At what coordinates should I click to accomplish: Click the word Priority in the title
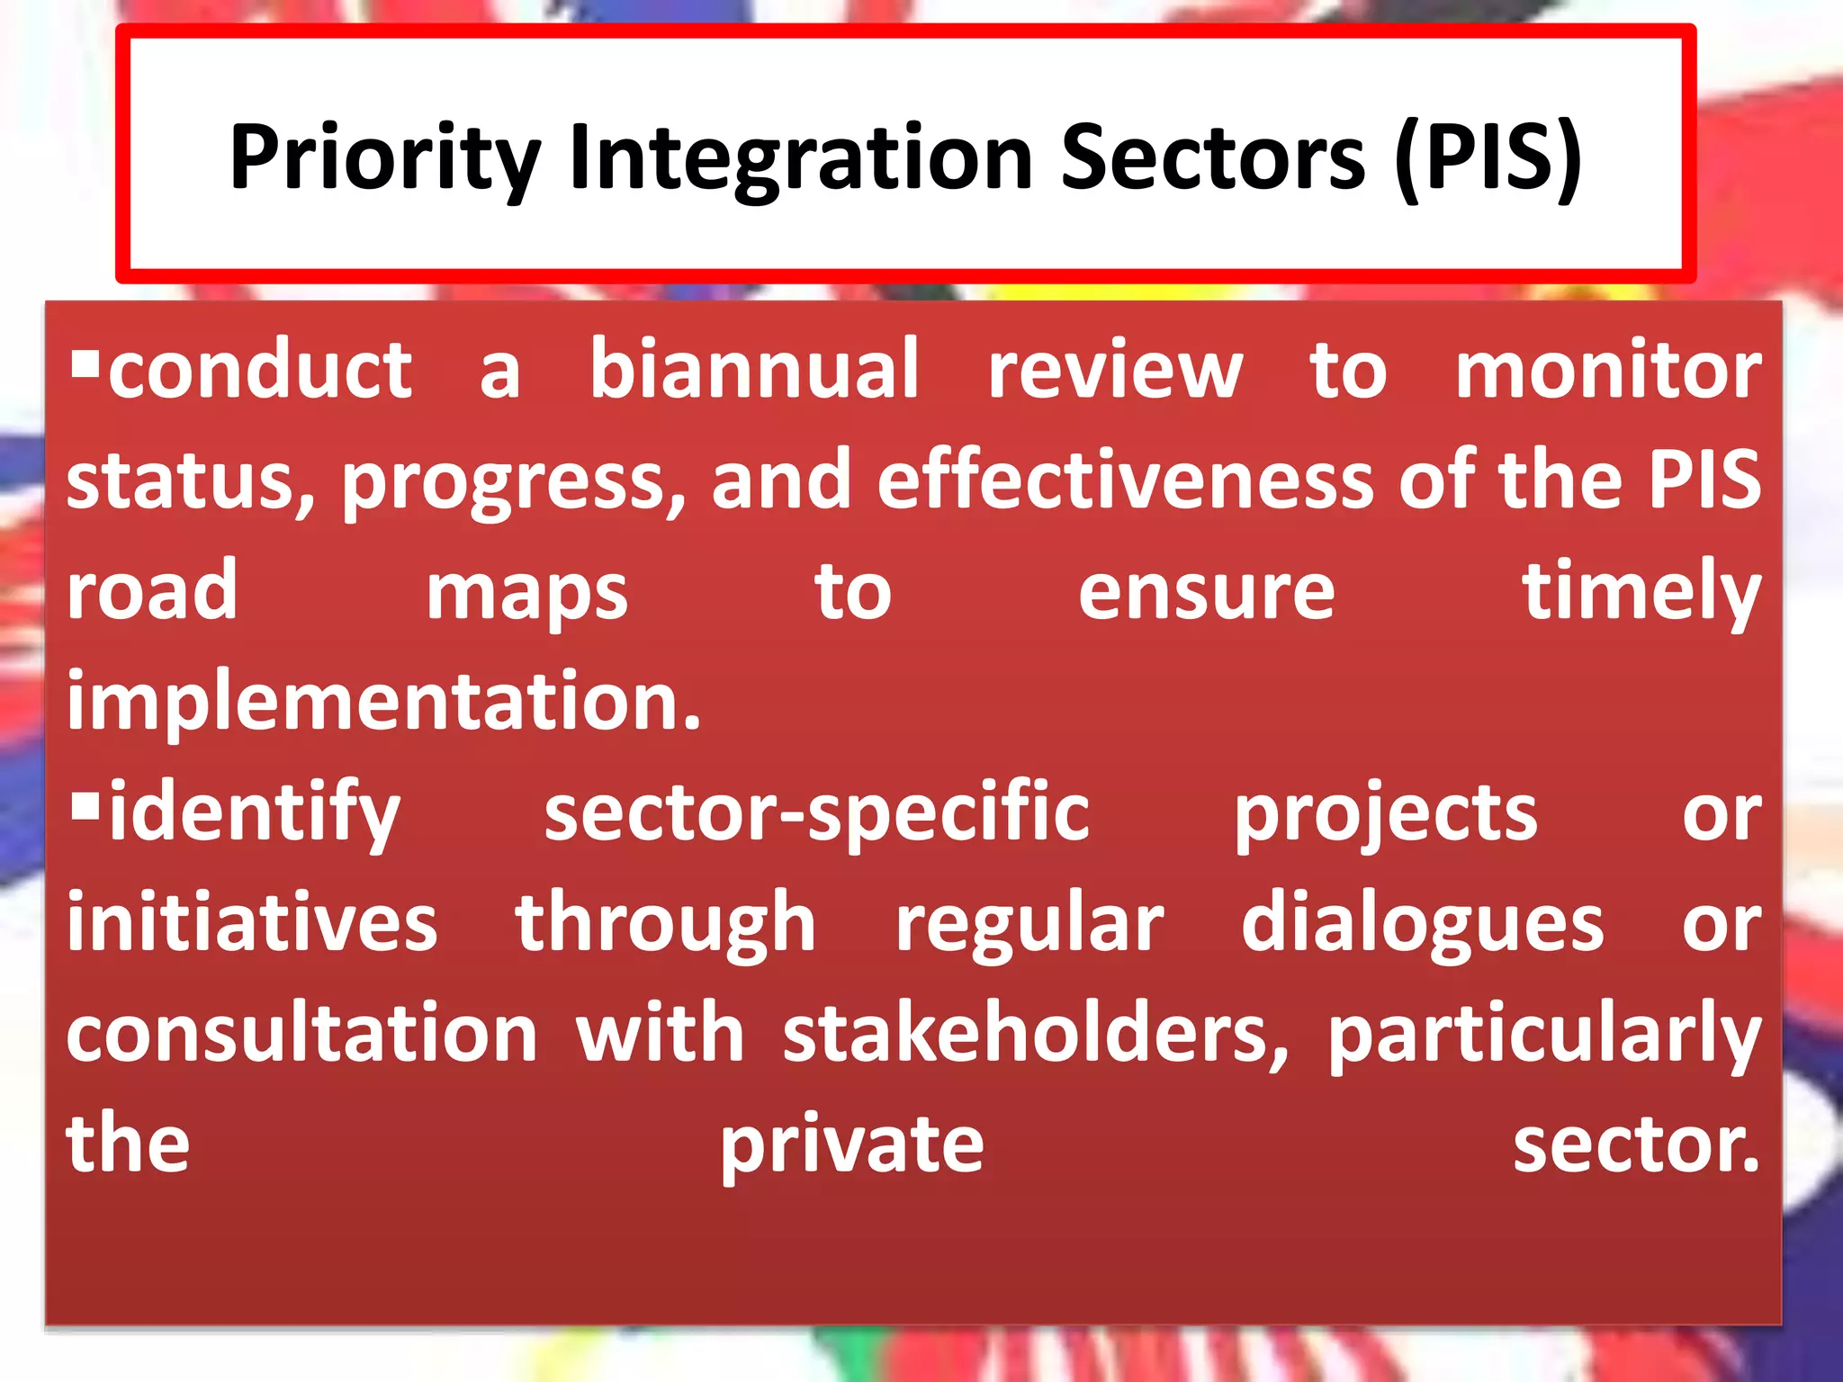pyautogui.click(x=384, y=158)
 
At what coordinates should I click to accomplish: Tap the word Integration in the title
pyautogui.click(x=801, y=158)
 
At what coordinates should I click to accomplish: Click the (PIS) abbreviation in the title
pyautogui.click(x=1488, y=158)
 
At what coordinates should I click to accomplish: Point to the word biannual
pyautogui.click(x=754, y=370)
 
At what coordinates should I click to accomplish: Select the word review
pyautogui.click(x=1115, y=370)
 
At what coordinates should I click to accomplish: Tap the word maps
pyautogui.click(x=526, y=594)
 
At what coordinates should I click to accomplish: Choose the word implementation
pyautogui.click(x=382, y=703)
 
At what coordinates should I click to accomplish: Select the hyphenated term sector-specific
pyautogui.click(x=816, y=813)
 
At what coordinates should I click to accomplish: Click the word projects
pyautogui.click(x=1385, y=815)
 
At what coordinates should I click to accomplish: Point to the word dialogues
pyautogui.click(x=1422, y=925)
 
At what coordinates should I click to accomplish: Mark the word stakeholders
pyautogui.click(x=1036, y=1034)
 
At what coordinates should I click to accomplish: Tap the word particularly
pyautogui.click(x=1544, y=1036)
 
